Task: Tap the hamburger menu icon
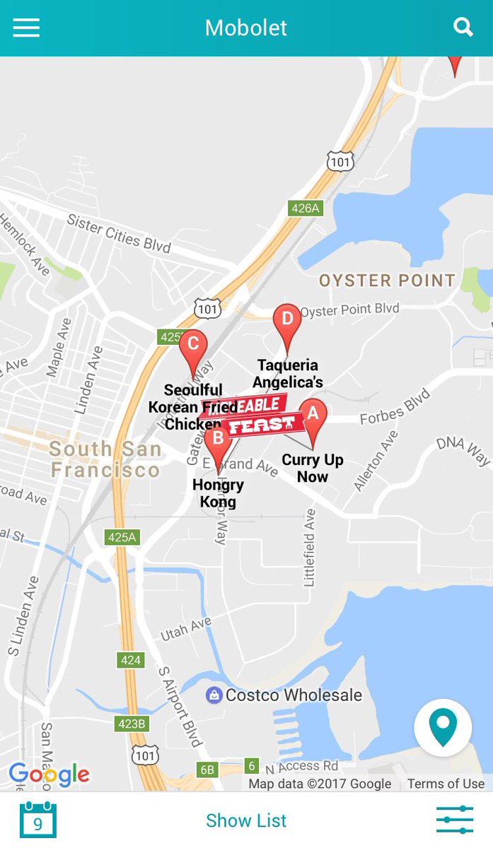(26, 28)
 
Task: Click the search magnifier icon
(463, 27)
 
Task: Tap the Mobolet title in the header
(246, 28)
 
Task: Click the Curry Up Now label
(313, 469)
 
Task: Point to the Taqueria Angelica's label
(288, 374)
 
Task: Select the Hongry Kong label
(218, 493)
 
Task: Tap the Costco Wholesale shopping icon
(214, 695)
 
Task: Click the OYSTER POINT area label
(387, 281)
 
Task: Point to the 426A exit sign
(306, 208)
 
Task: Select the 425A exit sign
(122, 537)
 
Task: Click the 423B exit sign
(131, 724)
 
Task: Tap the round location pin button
(443, 728)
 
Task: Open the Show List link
(246, 820)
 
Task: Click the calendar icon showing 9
(38, 820)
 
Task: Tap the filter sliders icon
(454, 820)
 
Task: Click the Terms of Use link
(446, 784)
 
